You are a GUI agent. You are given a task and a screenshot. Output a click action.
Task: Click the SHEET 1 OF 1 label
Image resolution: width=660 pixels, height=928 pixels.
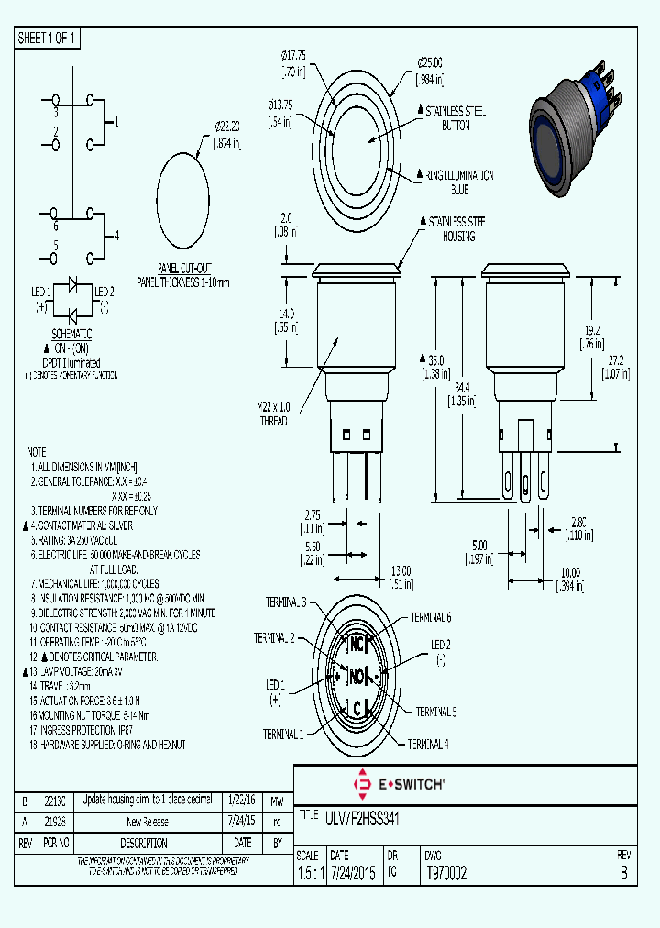click(48, 38)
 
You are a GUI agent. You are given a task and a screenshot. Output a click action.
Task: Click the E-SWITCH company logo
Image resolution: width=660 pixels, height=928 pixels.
click(400, 784)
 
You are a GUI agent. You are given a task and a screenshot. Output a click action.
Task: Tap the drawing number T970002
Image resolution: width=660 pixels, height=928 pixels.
click(446, 874)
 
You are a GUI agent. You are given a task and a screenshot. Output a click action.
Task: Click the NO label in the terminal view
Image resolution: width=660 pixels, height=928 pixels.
click(356, 677)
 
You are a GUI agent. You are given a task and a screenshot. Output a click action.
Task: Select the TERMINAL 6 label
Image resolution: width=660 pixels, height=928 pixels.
click(430, 617)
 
